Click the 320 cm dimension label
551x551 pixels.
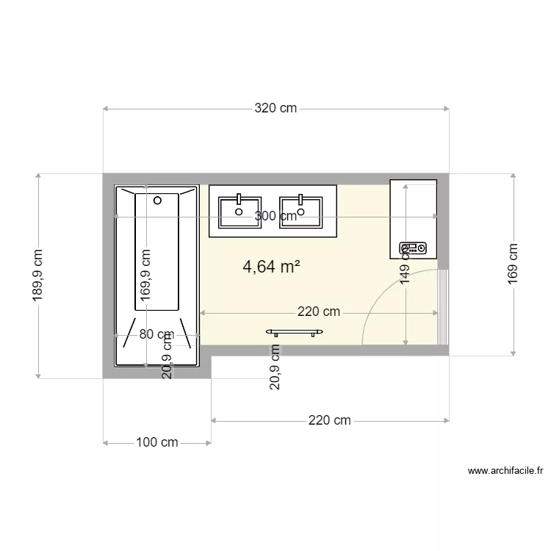click(275, 109)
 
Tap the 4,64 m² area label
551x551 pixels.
click(271, 267)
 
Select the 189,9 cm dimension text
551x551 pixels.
click(38, 275)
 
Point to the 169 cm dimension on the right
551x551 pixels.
click(513, 263)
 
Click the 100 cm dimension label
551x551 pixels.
click(157, 442)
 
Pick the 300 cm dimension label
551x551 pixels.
click(275, 216)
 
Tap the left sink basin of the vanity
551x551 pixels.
click(239, 211)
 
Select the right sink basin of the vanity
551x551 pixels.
click(300, 211)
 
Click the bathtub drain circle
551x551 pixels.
click(157, 200)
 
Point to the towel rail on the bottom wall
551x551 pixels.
click(294, 332)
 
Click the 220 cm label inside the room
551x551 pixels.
click(319, 312)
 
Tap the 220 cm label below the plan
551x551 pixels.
click(329, 421)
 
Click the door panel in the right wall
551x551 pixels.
click(442, 306)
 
